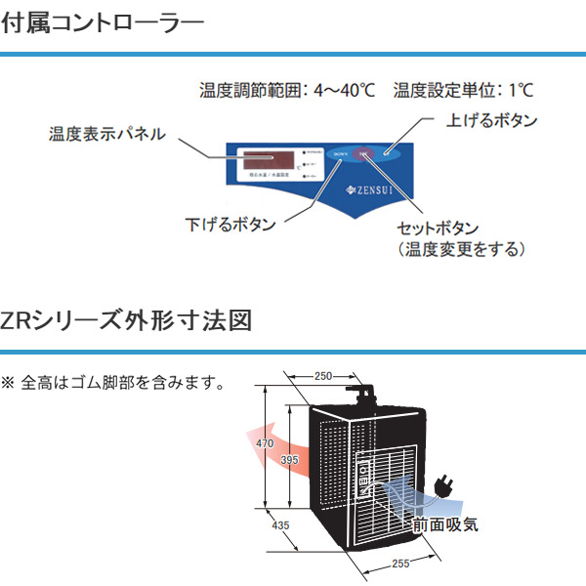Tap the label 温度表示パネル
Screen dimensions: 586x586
pos(106,134)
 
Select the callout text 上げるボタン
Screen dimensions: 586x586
pos(491,120)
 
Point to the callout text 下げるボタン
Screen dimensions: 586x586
pos(230,225)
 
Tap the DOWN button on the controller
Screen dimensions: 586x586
pos(339,154)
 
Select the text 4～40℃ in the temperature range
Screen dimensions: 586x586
pos(344,91)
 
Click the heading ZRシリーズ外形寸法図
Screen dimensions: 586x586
pos(127,318)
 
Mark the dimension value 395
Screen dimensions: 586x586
pos(289,459)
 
